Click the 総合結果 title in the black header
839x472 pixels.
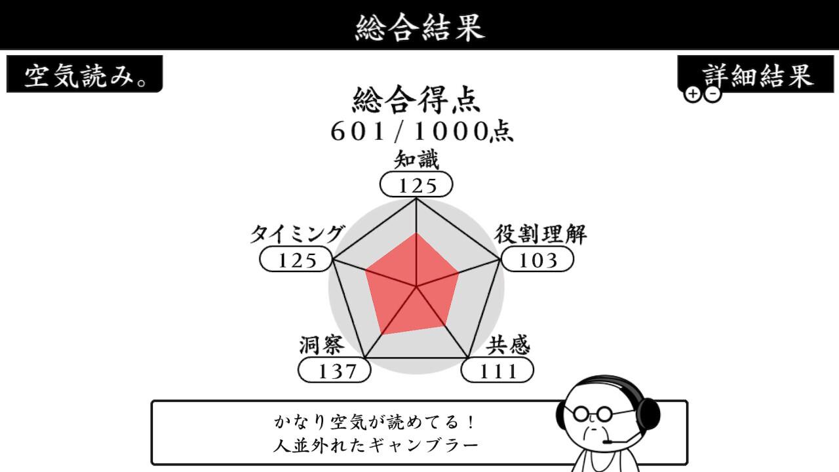[x=419, y=27]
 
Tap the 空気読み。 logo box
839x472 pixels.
[x=85, y=74]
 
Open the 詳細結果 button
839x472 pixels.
[x=756, y=74]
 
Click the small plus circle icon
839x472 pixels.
[x=693, y=94]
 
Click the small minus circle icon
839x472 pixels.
[x=712, y=94]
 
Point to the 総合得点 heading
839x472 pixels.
[x=416, y=100]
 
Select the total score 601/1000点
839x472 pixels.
[x=421, y=132]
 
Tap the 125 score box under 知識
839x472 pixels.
[x=416, y=184]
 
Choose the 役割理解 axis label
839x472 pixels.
[x=541, y=234]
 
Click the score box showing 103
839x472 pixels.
[x=537, y=259]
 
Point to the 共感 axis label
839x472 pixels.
[x=508, y=345]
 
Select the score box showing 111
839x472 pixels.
[x=498, y=370]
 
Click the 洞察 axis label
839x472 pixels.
[x=322, y=345]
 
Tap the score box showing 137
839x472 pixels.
[x=334, y=370]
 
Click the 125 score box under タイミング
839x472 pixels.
[x=296, y=259]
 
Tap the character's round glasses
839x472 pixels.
[x=592, y=414]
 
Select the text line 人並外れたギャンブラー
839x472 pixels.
[x=376, y=446]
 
